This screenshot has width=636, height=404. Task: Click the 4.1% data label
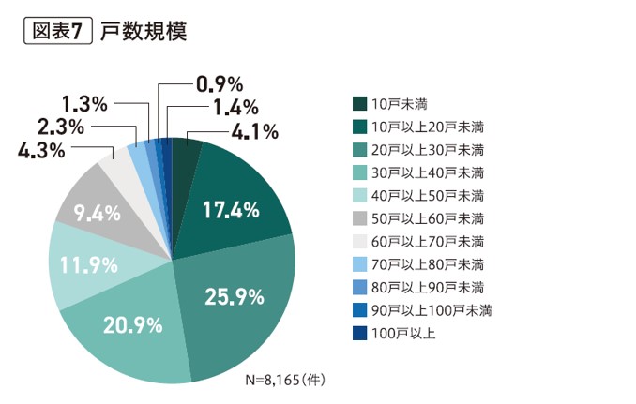253,132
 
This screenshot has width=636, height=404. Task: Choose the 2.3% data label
61,126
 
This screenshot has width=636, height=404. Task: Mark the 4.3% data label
41,149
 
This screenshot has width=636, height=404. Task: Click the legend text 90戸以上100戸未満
432,310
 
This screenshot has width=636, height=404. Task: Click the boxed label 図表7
55,31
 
